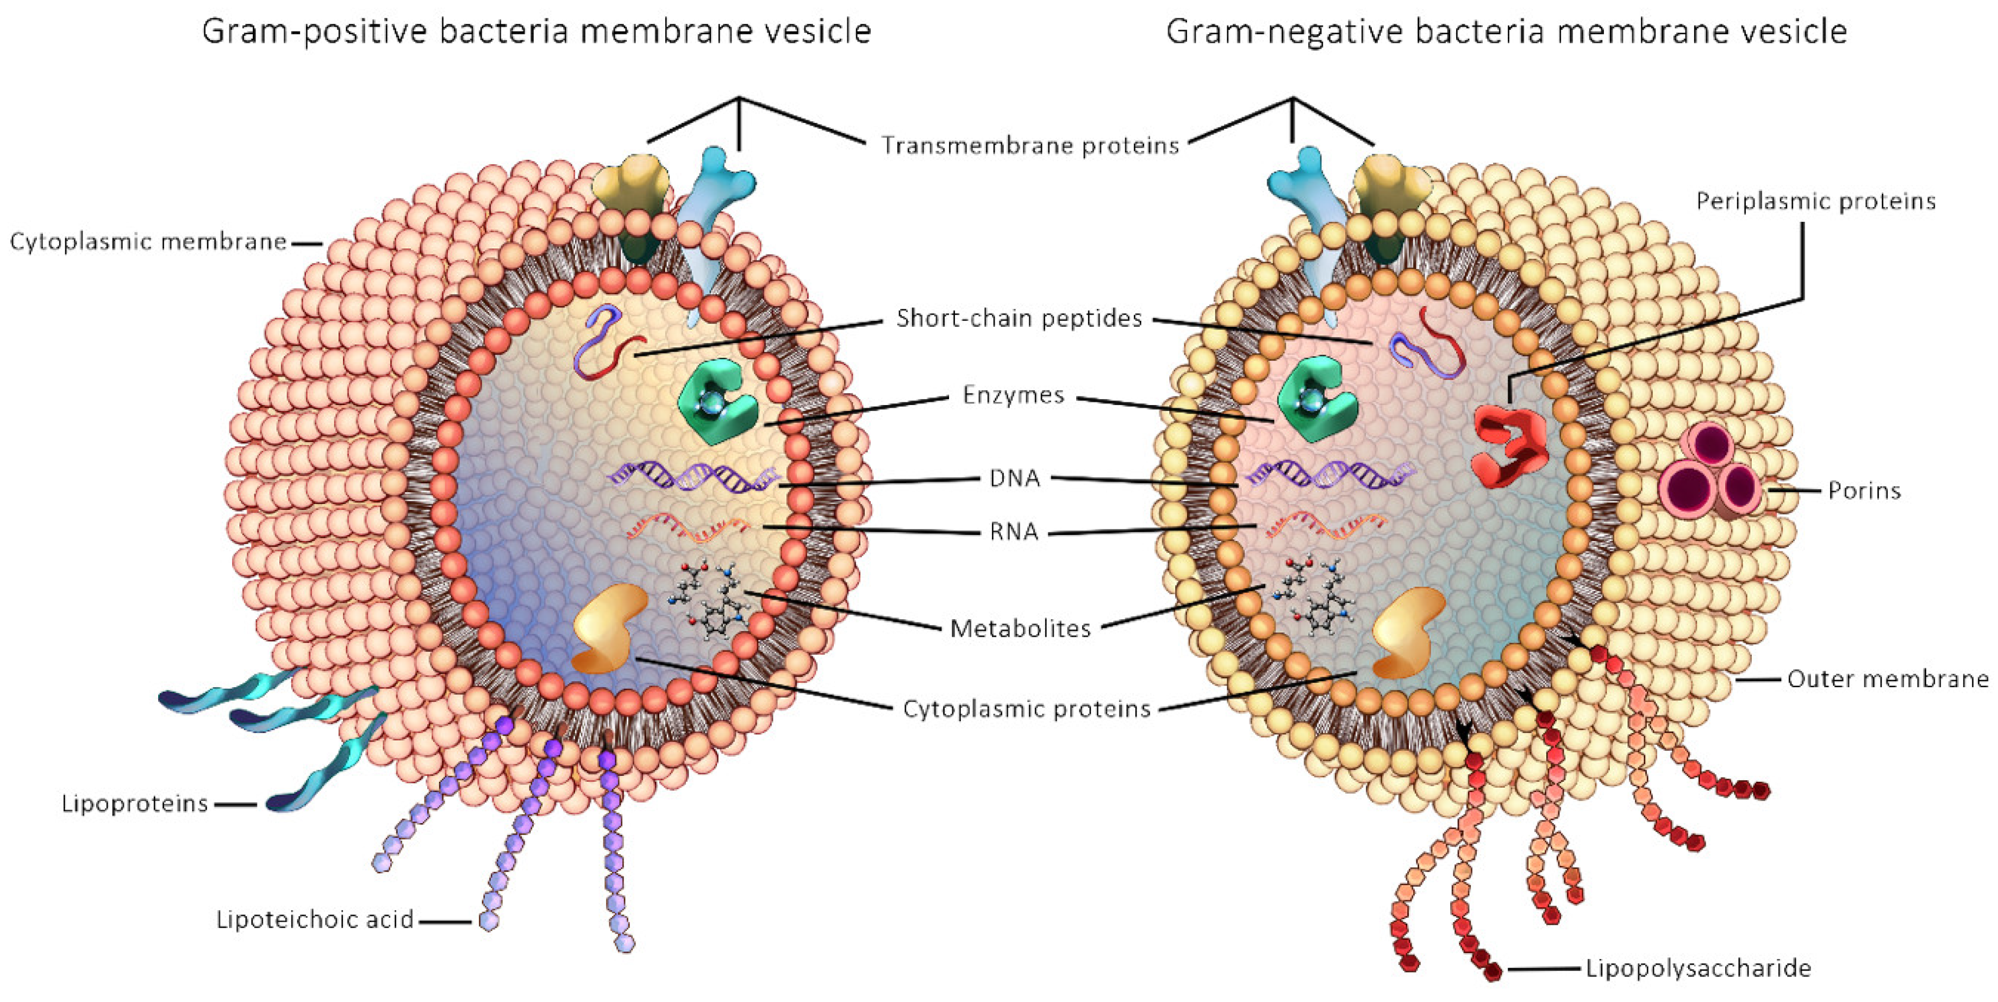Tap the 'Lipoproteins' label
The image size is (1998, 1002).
[x=135, y=804]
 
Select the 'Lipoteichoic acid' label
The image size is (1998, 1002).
[x=314, y=920]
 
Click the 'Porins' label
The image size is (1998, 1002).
[x=1864, y=490]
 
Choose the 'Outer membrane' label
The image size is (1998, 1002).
[x=1888, y=680]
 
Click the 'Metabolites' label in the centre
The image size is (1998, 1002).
[x=1020, y=628]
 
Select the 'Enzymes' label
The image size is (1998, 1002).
[x=1013, y=396]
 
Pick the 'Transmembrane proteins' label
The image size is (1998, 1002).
[x=1030, y=146]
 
